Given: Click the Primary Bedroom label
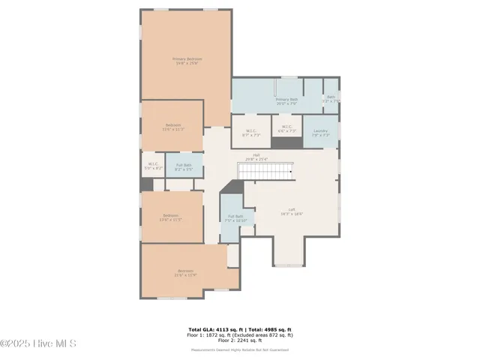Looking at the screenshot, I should click(187, 61).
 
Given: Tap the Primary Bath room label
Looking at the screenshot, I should click(286, 100).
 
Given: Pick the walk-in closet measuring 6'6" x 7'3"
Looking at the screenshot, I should click(286, 129).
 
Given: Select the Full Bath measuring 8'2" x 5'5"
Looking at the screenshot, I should click(184, 167).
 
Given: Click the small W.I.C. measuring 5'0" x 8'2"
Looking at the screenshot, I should click(152, 166).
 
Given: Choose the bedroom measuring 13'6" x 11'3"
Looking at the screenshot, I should click(172, 127).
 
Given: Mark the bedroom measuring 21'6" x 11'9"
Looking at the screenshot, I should click(185, 272).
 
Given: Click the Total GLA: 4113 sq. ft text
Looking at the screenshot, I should click(212, 329).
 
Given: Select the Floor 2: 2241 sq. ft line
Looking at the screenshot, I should click(239, 340).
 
